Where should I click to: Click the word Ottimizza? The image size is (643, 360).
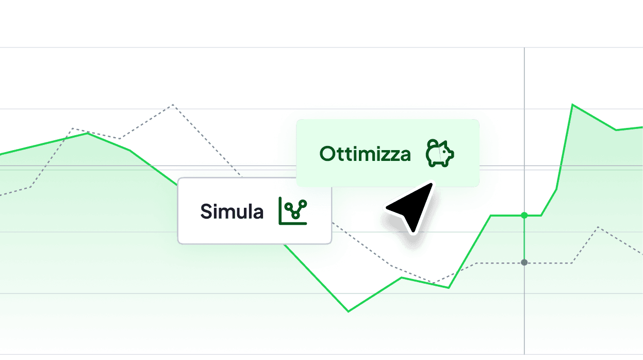(365, 154)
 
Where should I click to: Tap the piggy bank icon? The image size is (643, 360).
(440, 153)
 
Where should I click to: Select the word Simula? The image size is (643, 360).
(232, 211)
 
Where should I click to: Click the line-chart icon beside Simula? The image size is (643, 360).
(292, 210)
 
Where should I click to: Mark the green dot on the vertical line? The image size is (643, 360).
(524, 214)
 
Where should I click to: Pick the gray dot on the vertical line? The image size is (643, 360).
(524, 263)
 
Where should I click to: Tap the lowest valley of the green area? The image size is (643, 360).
(349, 309)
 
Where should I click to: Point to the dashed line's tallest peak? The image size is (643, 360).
(173, 105)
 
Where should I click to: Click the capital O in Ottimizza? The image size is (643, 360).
(327, 154)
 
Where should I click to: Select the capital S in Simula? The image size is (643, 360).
(206, 211)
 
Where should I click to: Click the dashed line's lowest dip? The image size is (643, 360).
(431, 283)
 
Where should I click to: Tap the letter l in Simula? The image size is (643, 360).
(245, 211)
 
